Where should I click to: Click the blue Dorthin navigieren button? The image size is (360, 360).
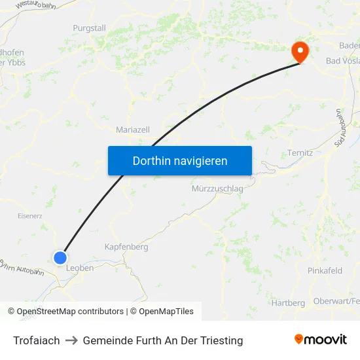point(180,160)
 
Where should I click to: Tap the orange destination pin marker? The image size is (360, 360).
point(300,52)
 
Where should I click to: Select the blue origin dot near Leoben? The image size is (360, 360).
point(60,258)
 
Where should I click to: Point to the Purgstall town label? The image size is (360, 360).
point(89,28)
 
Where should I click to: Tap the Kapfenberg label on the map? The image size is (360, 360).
point(126,247)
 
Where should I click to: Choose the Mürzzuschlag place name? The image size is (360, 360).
point(217,189)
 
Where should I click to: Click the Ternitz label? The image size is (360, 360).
point(300,153)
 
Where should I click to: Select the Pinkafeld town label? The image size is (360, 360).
point(325,270)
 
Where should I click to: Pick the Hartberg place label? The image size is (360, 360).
point(288,302)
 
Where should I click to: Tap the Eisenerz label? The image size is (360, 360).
point(31,214)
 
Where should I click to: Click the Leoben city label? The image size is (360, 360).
point(80,268)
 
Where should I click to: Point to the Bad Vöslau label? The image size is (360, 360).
point(342,61)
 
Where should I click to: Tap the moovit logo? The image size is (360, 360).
point(321,339)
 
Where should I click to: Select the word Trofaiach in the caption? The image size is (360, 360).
point(37,340)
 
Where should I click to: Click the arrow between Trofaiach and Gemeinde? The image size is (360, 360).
point(71,340)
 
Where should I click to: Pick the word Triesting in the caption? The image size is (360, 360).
point(221,340)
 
